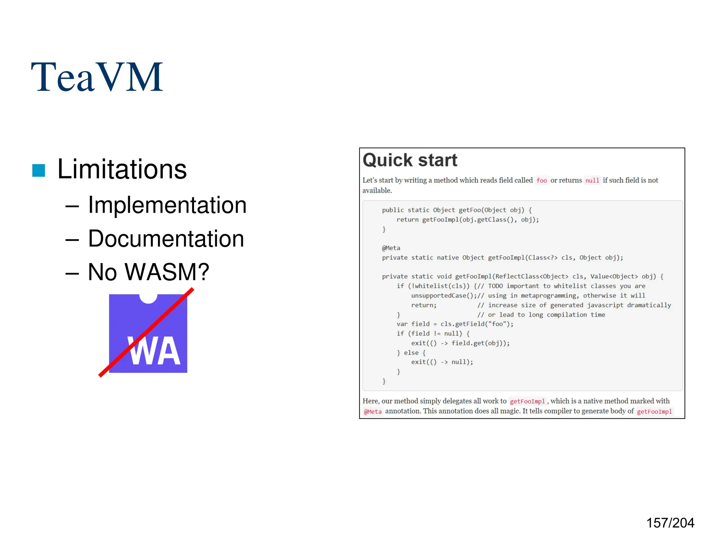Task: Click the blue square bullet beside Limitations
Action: pos(39,171)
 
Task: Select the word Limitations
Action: pos(122,169)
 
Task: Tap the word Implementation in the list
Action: pos(167,205)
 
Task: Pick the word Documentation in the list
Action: pos(166,239)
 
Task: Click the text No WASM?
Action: pos(148,272)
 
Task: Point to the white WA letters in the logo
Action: pos(154,351)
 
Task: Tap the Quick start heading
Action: pos(410,160)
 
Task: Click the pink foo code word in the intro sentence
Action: pos(542,181)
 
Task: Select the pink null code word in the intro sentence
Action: pos(592,181)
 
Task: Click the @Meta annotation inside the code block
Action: pos(391,248)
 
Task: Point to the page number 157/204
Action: pos(670,523)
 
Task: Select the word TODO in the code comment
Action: pos(495,286)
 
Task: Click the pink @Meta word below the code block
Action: pos(373,411)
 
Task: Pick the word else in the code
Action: pos(411,353)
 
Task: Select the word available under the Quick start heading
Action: pos(377,190)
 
